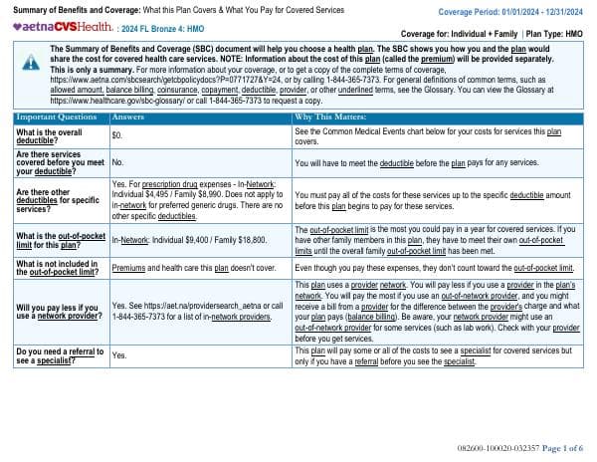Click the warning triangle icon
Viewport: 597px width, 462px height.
[x=31, y=61]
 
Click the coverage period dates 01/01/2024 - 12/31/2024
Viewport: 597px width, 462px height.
[x=536, y=10]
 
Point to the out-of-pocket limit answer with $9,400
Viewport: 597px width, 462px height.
[x=189, y=240]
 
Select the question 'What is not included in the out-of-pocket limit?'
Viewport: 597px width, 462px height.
[x=59, y=268]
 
